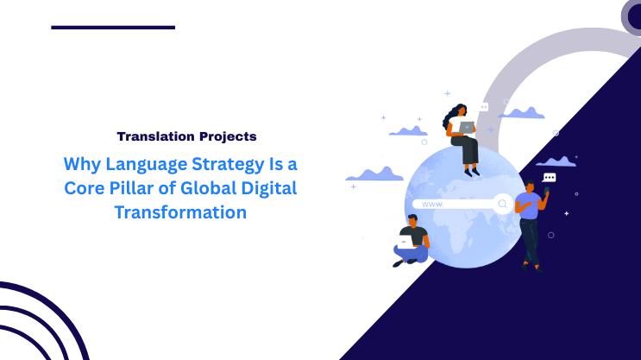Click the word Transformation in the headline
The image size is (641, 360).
pyautogui.click(x=180, y=212)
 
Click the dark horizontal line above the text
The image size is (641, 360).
pyautogui.click(x=113, y=28)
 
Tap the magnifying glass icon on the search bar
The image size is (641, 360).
pyautogui.click(x=502, y=204)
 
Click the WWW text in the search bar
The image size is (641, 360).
pyautogui.click(x=432, y=205)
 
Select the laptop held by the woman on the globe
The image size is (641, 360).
pyautogui.click(x=467, y=127)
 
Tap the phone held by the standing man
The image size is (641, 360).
pyautogui.click(x=546, y=190)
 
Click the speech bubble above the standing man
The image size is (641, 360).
pyautogui.click(x=550, y=177)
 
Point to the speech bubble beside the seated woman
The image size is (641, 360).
pyautogui.click(x=484, y=106)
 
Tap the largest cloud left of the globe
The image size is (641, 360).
pyautogui.click(x=374, y=174)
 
